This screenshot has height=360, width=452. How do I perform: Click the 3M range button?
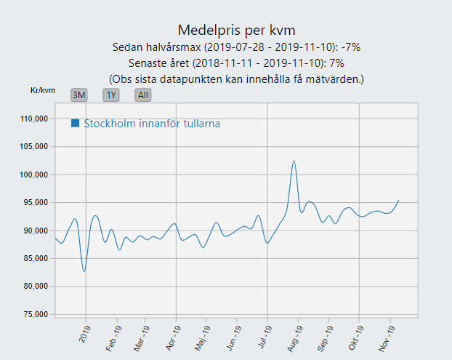tap(79, 95)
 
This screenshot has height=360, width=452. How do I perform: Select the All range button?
tap(143, 95)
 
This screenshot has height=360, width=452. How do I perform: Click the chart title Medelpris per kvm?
tap(237, 30)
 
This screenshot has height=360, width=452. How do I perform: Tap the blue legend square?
tap(76, 123)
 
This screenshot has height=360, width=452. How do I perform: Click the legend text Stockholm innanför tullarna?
tap(152, 124)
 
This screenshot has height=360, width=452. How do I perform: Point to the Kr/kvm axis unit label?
tap(43, 90)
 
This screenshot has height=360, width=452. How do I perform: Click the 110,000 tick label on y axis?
tap(33, 119)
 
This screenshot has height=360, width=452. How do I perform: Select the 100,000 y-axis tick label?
tap(33, 175)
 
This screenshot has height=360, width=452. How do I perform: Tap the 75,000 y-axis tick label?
tap(36, 314)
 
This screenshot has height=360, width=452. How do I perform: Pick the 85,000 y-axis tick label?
tap(36, 258)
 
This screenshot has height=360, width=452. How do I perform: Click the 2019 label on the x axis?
tap(84, 334)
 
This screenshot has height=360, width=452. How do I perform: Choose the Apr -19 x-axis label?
tap(173, 337)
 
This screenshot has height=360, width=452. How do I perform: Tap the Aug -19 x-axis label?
tap(295, 338)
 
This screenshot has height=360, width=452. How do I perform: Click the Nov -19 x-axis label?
tap(387, 338)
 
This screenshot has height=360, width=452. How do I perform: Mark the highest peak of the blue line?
tap(294, 161)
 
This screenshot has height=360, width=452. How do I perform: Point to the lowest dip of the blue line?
tap(84, 271)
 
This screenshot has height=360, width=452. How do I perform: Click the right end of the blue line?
tap(399, 200)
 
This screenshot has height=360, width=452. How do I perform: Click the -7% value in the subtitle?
tap(350, 47)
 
